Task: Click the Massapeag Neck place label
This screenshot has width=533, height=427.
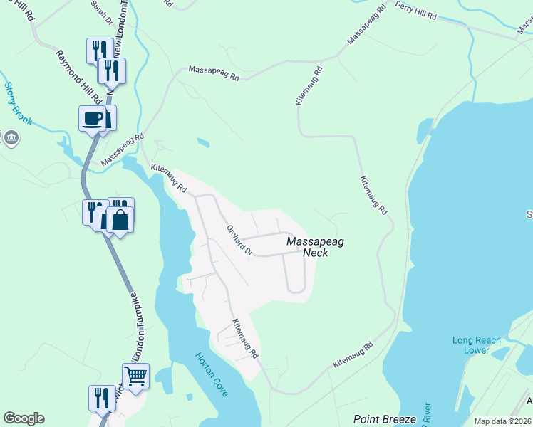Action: pos(315,247)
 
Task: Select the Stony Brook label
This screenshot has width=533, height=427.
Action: pos(18,104)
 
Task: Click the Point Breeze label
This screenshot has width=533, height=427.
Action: pos(384,419)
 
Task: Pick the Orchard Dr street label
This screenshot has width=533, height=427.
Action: pos(239,241)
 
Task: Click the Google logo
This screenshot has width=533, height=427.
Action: pos(24,418)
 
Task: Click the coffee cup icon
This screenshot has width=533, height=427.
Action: pos(92,117)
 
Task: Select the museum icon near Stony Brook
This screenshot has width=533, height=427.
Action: pos(11,137)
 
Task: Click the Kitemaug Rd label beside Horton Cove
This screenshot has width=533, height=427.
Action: pos(243,338)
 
